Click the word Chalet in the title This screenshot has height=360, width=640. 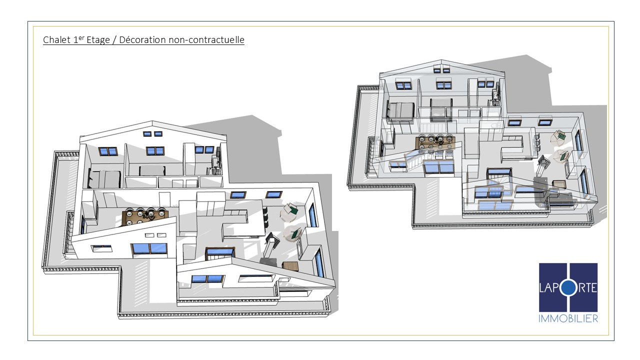coord(57,39)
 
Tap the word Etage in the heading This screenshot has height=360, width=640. coord(98,39)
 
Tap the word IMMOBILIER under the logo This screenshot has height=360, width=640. coord(568,318)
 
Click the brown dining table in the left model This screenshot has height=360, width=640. coord(144,218)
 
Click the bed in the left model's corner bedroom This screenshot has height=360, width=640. coord(104,179)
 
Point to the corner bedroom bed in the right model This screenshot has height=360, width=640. coord(399,110)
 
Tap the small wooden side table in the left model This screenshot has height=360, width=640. coord(290,265)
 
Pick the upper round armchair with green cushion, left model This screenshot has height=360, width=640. coord(289,212)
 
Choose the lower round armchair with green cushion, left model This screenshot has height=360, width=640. coord(292,233)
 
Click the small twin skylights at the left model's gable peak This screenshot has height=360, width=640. coord(152,133)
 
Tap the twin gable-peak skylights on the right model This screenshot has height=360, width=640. coord(441,70)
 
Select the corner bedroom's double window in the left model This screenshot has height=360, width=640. coord(108,151)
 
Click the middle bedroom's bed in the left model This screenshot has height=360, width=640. coord(152,171)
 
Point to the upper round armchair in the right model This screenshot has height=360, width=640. coord(558,136)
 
